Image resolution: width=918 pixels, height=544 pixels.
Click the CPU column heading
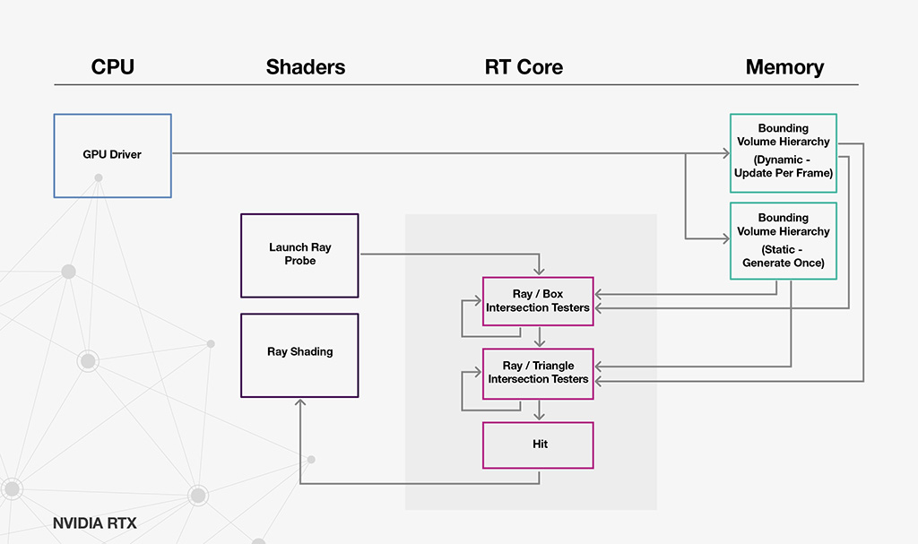pyautogui.click(x=112, y=66)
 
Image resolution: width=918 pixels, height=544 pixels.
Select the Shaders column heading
pyautogui.click(x=306, y=66)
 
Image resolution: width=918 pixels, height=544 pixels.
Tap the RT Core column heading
pyautogui.click(x=524, y=66)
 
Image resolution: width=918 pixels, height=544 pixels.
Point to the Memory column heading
pyautogui.click(x=784, y=67)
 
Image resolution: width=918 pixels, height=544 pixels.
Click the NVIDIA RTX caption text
pyautogui.click(x=95, y=522)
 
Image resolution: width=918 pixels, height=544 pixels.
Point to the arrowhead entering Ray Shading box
pyautogui.click(x=299, y=402)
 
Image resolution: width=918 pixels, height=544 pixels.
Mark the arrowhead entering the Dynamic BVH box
pyautogui.click(x=726, y=153)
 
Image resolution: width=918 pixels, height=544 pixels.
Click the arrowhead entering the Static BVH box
pyautogui.click(x=726, y=239)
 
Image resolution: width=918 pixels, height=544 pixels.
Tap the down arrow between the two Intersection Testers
pyautogui.click(x=539, y=337)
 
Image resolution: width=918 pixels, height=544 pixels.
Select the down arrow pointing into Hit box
pyautogui.click(x=539, y=410)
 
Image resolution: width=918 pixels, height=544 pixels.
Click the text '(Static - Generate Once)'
pyautogui.click(x=784, y=256)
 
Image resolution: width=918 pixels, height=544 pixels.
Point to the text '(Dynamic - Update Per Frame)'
pyautogui.click(x=784, y=167)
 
